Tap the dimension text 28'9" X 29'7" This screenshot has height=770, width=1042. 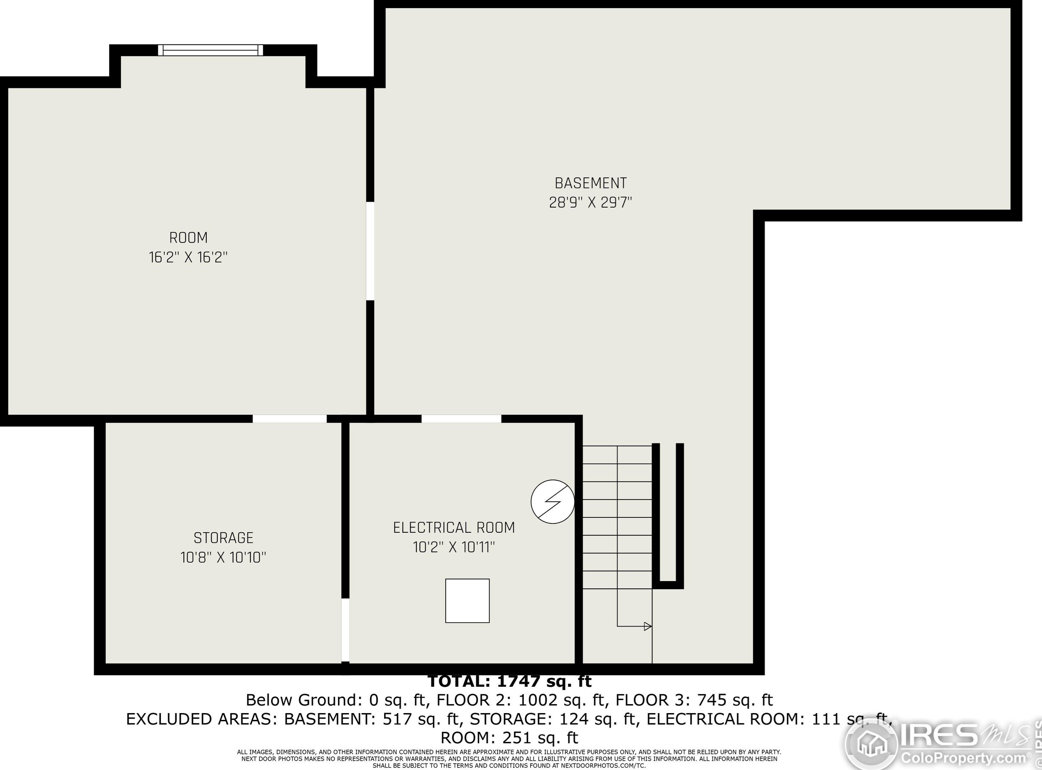[590, 203]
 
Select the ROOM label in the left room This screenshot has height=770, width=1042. [188, 238]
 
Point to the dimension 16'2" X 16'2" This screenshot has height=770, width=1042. [188, 257]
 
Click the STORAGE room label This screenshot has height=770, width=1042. [223, 538]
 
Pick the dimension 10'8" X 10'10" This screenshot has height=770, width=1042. [223, 557]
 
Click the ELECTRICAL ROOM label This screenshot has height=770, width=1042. [454, 528]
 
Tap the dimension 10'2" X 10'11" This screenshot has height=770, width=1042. [454, 547]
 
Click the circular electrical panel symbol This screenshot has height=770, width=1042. [553, 502]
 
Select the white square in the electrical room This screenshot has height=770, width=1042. [467, 601]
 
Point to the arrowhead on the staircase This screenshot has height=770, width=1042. [647, 627]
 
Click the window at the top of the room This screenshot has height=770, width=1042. [211, 50]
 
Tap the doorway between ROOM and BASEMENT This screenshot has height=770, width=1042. [371, 251]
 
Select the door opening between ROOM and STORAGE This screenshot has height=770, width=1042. [289, 419]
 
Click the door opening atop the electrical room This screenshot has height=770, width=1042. [461, 419]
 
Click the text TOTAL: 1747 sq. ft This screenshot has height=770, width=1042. [509, 681]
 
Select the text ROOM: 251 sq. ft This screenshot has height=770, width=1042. [509, 738]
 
